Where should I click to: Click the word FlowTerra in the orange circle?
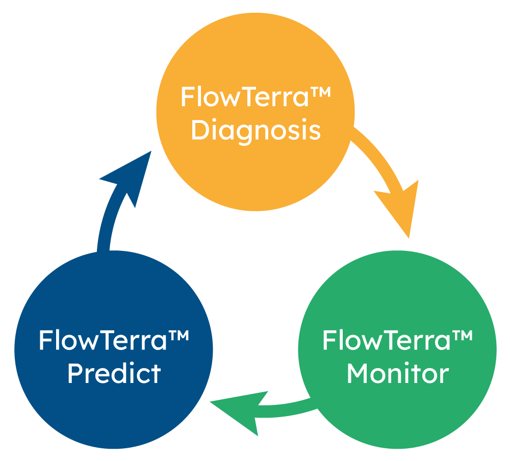click(x=244, y=97)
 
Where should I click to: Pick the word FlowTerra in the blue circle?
click(x=103, y=340)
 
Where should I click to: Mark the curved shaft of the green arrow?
click(x=291, y=408)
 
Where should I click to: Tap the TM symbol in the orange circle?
click(x=320, y=93)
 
